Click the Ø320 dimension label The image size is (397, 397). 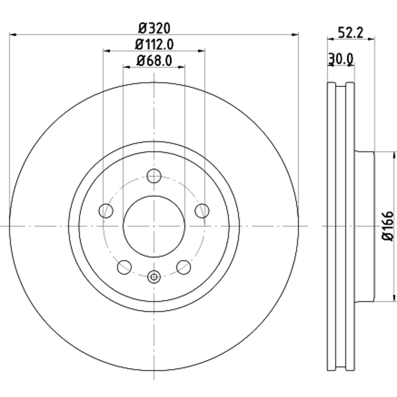click(x=154, y=28)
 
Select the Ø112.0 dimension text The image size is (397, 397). click(x=154, y=45)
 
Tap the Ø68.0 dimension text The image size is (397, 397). click(x=154, y=61)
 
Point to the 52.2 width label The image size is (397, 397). click(x=351, y=33)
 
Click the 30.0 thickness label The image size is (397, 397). click(x=341, y=59)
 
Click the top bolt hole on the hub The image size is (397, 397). click(x=154, y=176)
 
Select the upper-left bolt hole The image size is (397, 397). click(x=106, y=210)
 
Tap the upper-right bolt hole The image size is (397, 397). click(x=202, y=210)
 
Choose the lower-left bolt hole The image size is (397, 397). click(x=124, y=267)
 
